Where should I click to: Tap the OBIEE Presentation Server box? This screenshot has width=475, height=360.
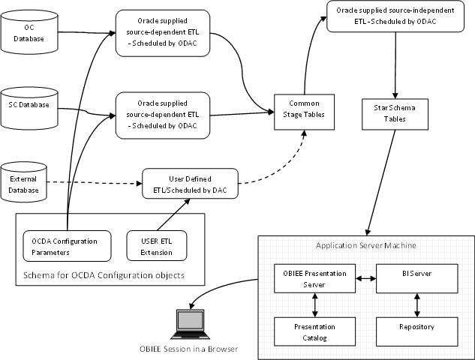[x=309, y=278]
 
